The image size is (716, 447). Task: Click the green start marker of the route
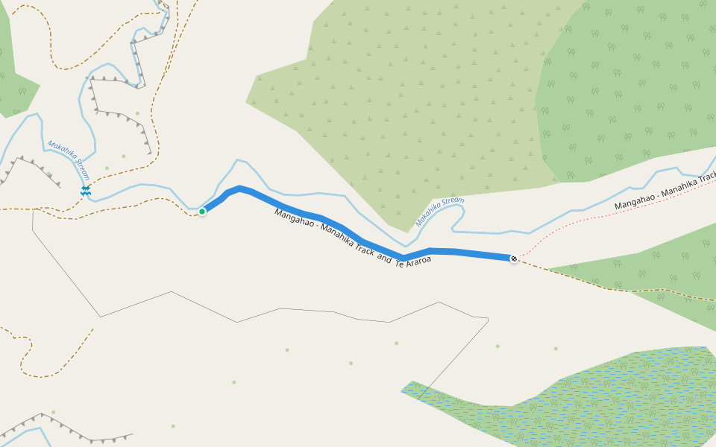(202, 212)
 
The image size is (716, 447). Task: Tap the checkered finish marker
(514, 259)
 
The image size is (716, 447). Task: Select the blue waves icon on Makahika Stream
(86, 191)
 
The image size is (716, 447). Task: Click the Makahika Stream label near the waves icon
(69, 159)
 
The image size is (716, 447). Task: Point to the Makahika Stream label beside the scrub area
(439, 211)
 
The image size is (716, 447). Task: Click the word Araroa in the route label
(418, 261)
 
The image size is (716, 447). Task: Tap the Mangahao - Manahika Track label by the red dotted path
(664, 194)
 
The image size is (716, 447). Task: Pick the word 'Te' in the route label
(399, 262)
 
